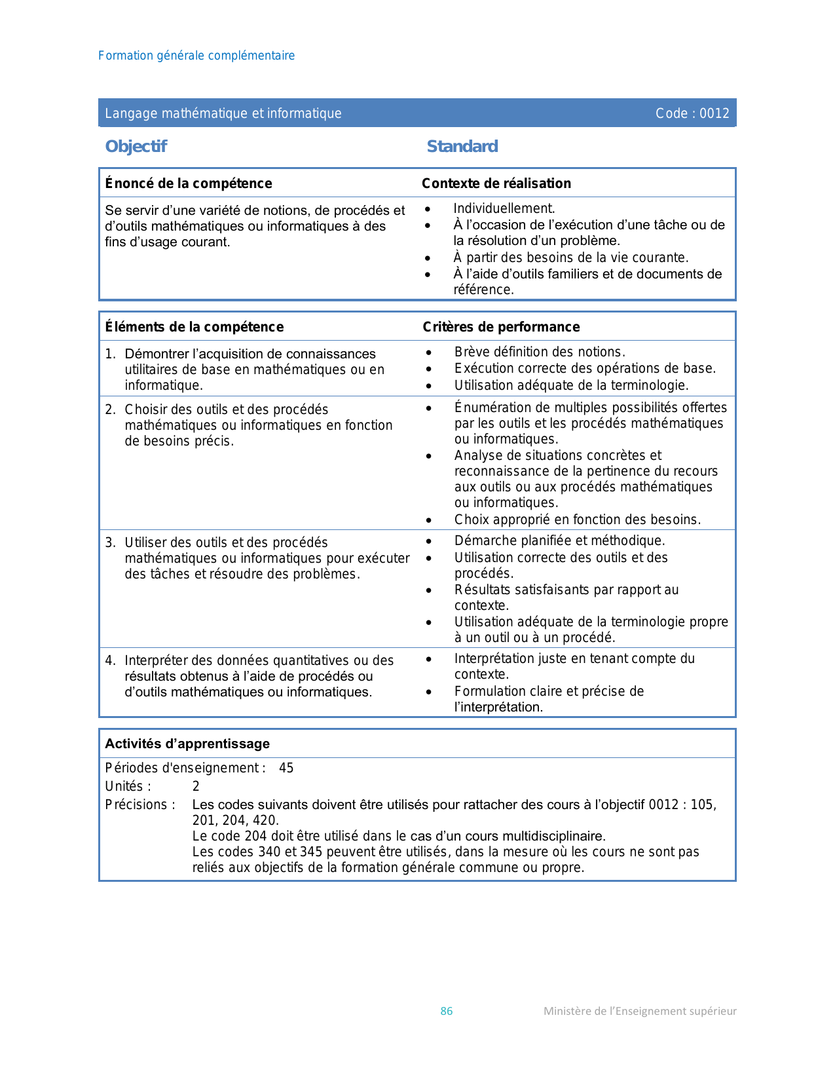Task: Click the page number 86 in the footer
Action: pyautogui.click(x=446, y=1011)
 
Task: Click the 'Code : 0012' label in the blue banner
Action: pyautogui.click(x=692, y=113)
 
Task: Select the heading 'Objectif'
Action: pyautogui.click(x=136, y=146)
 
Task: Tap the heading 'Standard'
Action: pyautogui.click(x=462, y=146)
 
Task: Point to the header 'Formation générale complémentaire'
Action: pyautogui.click(x=196, y=56)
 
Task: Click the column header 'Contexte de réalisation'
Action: pyautogui.click(x=496, y=183)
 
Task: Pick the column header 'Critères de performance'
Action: pyautogui.click(x=501, y=327)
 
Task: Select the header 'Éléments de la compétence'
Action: pyautogui.click(x=195, y=327)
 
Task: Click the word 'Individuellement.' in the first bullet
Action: pyautogui.click(x=504, y=208)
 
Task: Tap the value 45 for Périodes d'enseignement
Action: pyautogui.click(x=286, y=768)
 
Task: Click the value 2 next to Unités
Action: pyautogui.click(x=196, y=786)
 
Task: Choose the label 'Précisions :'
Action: pyautogui.click(x=140, y=805)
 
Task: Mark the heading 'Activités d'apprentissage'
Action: pyautogui.click(x=187, y=744)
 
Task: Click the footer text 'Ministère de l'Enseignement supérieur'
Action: pyautogui.click(x=640, y=1011)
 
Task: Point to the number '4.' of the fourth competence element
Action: pyautogui.click(x=110, y=660)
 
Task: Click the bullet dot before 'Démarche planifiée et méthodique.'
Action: pyautogui.click(x=428, y=542)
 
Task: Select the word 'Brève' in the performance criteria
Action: pyautogui.click(x=472, y=352)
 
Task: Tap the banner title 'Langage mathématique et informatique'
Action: pyautogui.click(x=223, y=113)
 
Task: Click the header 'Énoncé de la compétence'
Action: pyautogui.click(x=189, y=183)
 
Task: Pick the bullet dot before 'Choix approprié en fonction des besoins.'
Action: pyautogui.click(x=428, y=521)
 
